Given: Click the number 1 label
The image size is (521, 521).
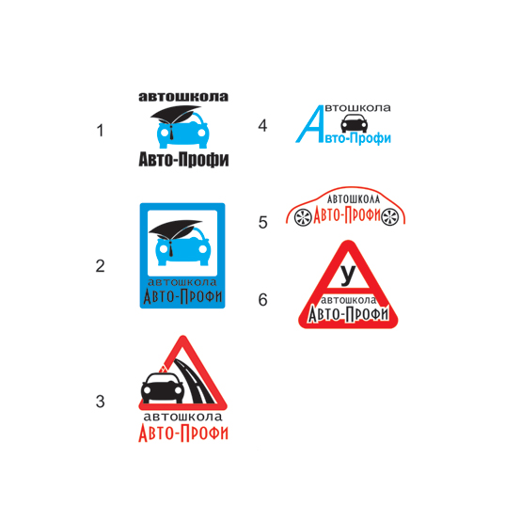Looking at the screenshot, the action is (100, 130).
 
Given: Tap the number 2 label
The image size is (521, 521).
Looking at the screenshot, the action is (100, 266).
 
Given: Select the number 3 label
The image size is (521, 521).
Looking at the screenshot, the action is (100, 402).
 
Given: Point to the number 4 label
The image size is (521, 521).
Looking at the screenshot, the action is (262, 126).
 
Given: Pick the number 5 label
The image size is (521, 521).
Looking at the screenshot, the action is (262, 222).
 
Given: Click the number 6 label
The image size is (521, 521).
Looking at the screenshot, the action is (262, 300).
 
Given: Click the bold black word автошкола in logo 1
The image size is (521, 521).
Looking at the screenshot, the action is (183, 97).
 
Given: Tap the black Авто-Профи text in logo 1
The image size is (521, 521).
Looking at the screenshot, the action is (183, 159).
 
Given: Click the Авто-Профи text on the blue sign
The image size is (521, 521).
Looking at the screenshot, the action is (182, 296).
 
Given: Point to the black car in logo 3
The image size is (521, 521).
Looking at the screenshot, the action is (162, 387).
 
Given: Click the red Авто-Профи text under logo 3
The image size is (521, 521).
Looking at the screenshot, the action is (183, 433).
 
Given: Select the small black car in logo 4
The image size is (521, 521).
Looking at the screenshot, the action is (355, 123).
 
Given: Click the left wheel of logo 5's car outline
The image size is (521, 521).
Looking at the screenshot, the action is (303, 217).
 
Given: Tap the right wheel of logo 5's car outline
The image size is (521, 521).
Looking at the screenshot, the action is (389, 217).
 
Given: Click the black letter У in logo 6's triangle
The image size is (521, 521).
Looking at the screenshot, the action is (348, 276).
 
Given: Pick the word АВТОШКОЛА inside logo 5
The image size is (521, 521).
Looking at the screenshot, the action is (354, 199).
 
